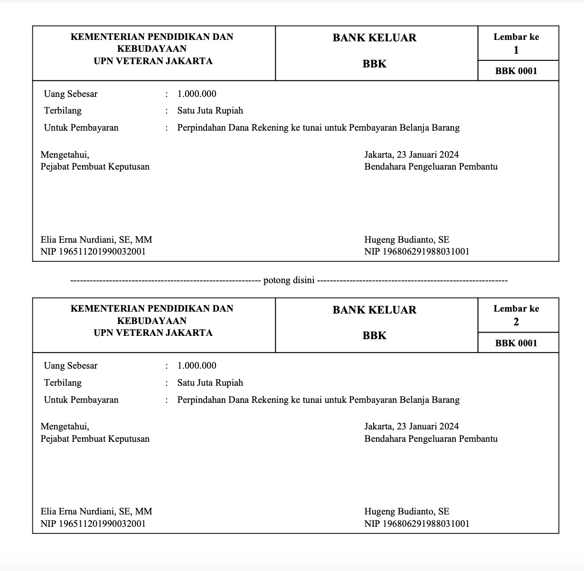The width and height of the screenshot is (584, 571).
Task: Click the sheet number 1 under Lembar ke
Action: tap(516, 50)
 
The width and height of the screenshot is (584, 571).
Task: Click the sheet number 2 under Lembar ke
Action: tap(516, 322)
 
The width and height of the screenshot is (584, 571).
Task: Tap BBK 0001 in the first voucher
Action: tap(516, 71)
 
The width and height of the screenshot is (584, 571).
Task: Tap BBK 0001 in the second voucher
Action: tap(516, 343)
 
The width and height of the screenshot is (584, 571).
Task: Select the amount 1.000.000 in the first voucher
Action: tap(197, 94)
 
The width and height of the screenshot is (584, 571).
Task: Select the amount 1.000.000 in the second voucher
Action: tap(197, 366)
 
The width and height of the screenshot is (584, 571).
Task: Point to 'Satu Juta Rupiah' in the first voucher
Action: tap(210, 111)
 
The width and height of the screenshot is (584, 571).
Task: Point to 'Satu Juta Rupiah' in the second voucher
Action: tap(210, 383)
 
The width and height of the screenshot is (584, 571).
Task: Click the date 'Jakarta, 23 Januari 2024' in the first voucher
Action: tap(411, 154)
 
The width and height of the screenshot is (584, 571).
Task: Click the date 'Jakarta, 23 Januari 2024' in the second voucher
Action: tap(411, 427)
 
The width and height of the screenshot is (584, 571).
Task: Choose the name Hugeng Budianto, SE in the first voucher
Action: tap(406, 240)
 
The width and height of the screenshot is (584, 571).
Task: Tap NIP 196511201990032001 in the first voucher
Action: tap(93, 252)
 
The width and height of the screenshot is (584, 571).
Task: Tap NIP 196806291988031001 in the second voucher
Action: tap(416, 524)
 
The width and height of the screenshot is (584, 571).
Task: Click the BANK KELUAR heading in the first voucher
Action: tap(374, 38)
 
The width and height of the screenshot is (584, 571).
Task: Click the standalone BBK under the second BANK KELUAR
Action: tap(374, 336)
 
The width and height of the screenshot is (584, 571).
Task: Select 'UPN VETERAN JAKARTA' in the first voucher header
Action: tap(153, 61)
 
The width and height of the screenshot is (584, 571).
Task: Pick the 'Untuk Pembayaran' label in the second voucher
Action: tap(81, 400)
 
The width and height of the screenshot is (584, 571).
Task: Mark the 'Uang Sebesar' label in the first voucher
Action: tap(71, 94)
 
